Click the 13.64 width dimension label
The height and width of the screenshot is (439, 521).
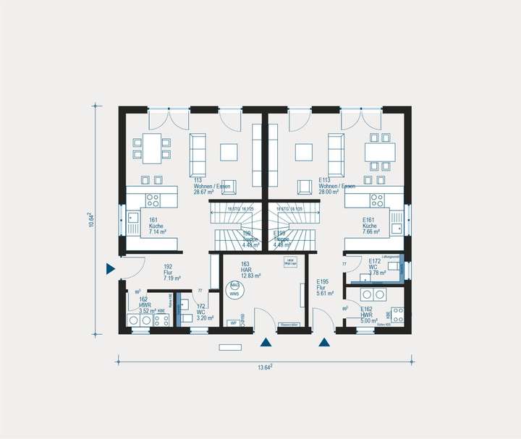[x=265, y=367]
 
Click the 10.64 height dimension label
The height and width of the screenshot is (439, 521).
[x=90, y=220]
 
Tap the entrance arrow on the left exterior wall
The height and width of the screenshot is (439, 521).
[x=111, y=269]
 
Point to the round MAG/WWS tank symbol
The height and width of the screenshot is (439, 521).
[x=234, y=291]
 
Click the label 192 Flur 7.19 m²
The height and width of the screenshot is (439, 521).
[x=171, y=271]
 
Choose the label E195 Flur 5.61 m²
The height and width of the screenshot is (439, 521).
[x=323, y=287]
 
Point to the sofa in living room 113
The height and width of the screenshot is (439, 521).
[x=198, y=150]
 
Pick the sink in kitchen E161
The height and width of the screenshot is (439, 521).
[x=395, y=228]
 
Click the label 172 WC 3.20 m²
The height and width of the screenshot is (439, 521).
[x=201, y=312]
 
